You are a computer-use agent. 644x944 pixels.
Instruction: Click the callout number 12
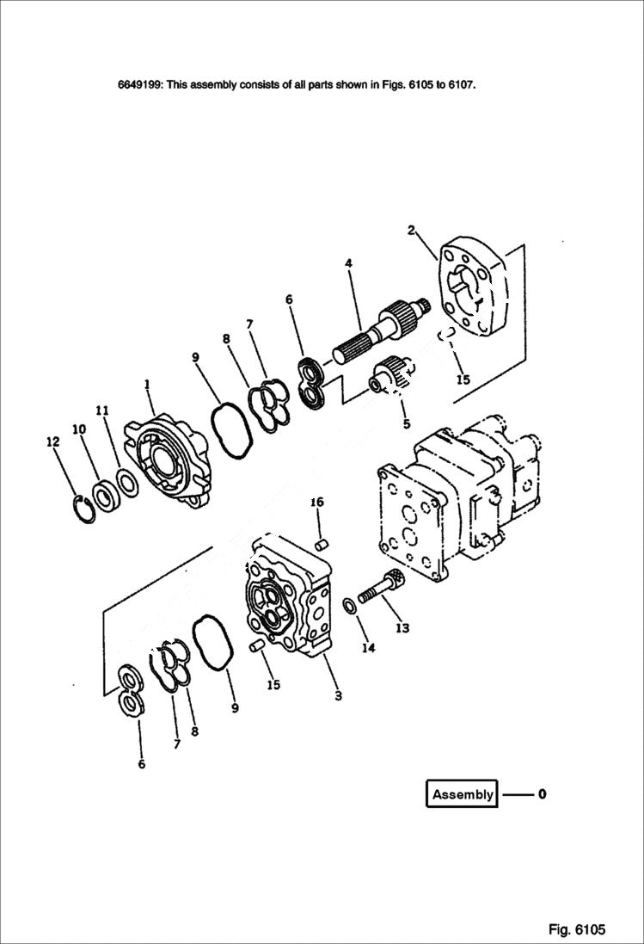point(52,441)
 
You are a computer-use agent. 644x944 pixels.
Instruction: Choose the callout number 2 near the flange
point(411,230)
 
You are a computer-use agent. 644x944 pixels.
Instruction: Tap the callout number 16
point(316,502)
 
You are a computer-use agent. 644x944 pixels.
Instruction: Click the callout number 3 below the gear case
point(338,695)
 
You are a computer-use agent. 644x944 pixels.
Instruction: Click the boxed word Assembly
point(463,794)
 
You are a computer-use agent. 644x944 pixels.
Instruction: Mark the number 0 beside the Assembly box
point(542,794)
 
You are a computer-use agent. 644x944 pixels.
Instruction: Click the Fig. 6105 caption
point(577,929)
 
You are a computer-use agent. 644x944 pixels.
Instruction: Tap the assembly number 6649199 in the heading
point(140,85)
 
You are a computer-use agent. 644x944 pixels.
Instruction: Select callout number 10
point(78,429)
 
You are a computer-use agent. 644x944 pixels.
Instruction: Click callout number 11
point(102,411)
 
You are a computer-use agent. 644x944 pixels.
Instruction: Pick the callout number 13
point(402,628)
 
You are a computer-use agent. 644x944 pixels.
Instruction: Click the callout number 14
point(368,648)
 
